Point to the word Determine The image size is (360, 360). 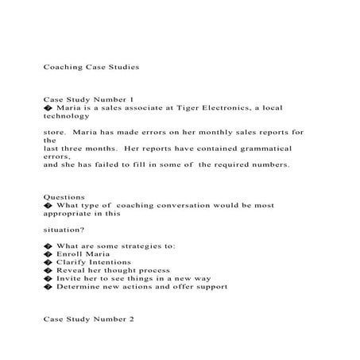pos(80,287)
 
